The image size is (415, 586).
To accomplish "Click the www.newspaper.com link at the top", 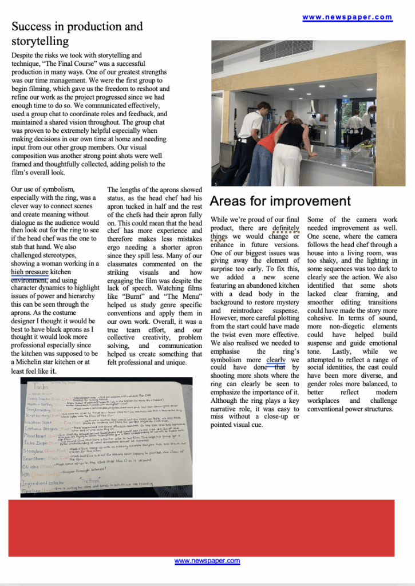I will point(347,17).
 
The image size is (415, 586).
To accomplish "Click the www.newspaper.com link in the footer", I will point(207,561).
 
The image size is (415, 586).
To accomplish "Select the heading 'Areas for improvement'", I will point(280,201).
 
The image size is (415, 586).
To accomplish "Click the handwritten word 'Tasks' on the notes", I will point(41,387).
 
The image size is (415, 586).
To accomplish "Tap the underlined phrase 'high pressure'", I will point(29,272).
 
